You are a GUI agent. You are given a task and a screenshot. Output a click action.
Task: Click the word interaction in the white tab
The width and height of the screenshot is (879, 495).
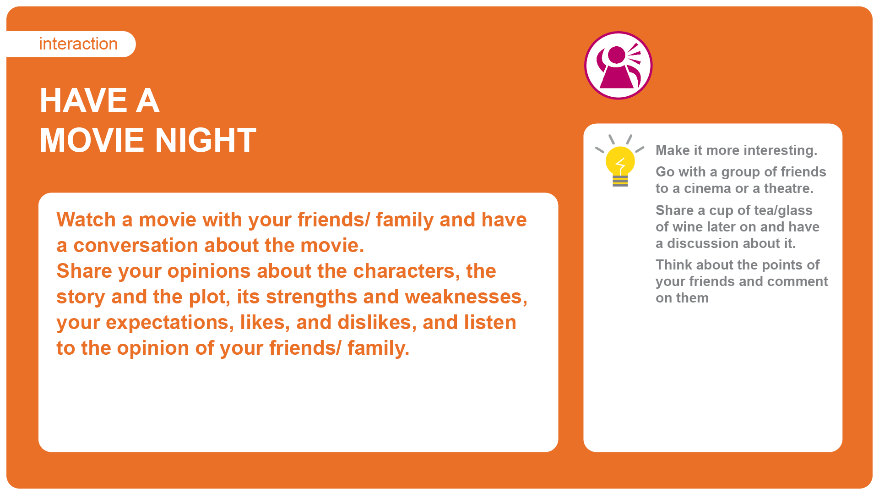point(78,44)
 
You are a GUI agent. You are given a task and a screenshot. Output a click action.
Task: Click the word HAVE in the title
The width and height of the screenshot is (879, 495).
point(84,100)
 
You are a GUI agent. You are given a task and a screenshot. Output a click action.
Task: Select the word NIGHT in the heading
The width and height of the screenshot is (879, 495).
point(206,140)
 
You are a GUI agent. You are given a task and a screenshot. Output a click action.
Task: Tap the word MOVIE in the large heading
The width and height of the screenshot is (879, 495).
point(94,140)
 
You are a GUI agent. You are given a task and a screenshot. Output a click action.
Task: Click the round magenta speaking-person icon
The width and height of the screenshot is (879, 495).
point(618,65)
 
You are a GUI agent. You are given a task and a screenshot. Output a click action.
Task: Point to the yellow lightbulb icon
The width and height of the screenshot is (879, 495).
point(620,161)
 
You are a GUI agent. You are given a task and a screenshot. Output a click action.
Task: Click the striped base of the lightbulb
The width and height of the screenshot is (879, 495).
point(620,181)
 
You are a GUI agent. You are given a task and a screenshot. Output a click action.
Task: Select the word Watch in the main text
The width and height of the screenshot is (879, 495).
point(86,220)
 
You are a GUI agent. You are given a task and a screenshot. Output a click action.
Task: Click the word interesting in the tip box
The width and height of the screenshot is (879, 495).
point(780,150)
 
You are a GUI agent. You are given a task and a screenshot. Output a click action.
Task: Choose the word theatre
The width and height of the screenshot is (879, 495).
point(788,188)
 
